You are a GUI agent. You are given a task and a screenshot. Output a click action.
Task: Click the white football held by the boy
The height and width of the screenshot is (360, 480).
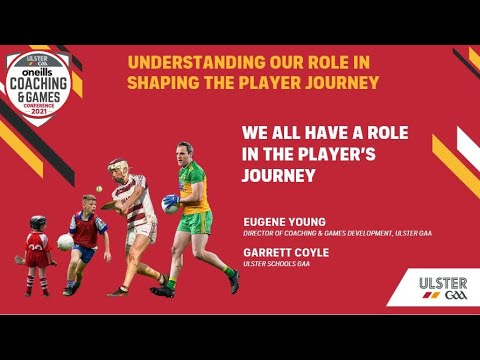pos(65,241)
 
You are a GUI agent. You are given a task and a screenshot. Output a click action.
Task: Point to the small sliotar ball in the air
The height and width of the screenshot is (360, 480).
pos(98,187)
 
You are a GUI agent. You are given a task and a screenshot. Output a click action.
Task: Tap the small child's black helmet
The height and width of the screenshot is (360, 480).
pos(38,222)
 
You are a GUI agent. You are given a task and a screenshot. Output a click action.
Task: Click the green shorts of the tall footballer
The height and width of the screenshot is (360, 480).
pos(195,222)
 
